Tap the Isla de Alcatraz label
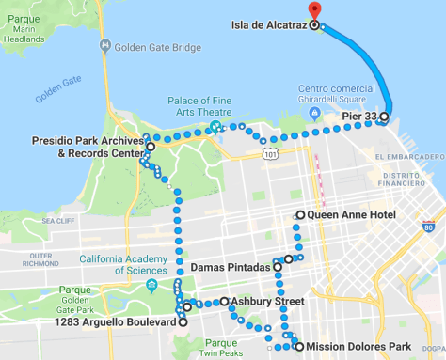tap(268, 25)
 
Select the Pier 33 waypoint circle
tap(384, 117)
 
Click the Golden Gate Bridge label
tap(160, 47)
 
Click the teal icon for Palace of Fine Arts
tap(215, 125)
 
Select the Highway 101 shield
tap(271, 152)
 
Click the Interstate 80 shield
tap(429, 226)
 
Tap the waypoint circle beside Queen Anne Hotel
tap(300, 215)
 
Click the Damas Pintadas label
tap(231, 267)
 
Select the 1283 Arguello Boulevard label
tap(117, 321)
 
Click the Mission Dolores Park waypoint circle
tap(299, 347)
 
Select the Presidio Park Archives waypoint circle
tap(150, 148)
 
